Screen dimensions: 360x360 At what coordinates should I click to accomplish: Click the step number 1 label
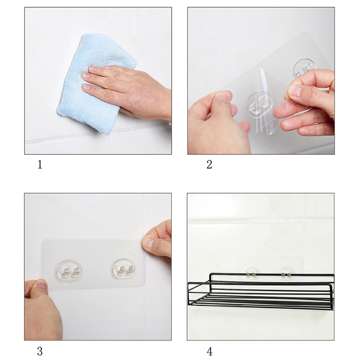point(40,165)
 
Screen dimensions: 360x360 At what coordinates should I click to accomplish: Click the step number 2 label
point(209,165)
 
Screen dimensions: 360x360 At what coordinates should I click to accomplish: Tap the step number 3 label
point(40,351)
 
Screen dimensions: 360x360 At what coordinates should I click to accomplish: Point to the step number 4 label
point(209,351)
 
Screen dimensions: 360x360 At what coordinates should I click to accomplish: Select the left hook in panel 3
point(69,271)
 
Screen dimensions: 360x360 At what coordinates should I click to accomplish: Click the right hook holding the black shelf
point(286,274)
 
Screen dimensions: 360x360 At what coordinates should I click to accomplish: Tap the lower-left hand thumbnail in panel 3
point(41,286)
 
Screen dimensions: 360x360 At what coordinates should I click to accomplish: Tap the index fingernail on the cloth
point(92,68)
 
